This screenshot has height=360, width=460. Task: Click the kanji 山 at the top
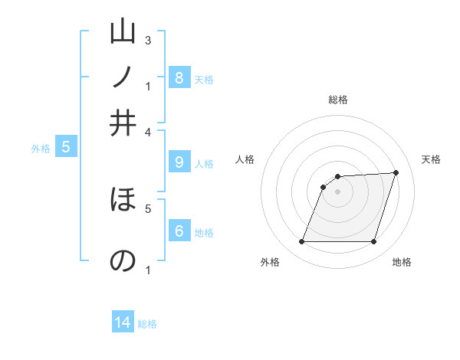123,33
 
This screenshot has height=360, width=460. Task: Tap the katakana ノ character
123,77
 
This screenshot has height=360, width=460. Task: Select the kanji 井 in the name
123,123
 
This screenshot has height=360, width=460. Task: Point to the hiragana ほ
123,201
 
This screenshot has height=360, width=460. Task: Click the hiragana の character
123,260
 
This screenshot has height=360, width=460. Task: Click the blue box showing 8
179,77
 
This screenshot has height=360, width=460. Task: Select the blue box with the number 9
179,162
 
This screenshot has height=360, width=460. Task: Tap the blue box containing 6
179,231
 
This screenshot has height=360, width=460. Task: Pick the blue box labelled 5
66,147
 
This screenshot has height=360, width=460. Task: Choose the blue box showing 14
123,322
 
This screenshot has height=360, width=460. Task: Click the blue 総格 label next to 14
147,324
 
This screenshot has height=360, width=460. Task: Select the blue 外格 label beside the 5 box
41,149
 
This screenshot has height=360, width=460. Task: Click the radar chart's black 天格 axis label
431,159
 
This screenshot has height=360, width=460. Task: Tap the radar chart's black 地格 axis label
402,262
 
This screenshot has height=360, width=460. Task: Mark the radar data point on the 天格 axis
396,172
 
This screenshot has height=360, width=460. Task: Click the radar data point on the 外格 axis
302,242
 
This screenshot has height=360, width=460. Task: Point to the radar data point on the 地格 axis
373,242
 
